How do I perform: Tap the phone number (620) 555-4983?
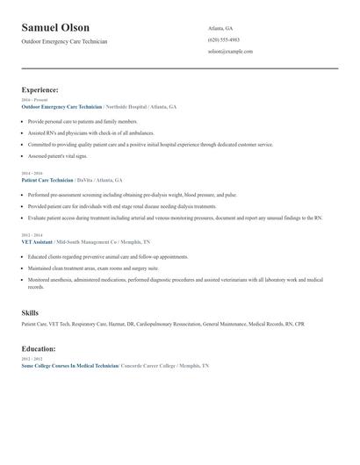(x=224, y=39)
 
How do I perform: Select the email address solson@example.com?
(x=230, y=52)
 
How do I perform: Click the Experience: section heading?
(x=40, y=89)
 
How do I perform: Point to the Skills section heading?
(x=30, y=312)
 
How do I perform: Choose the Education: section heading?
(x=40, y=348)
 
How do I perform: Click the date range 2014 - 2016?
(x=31, y=174)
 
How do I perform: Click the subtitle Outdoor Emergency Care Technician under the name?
(x=65, y=41)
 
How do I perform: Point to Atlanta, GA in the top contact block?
(x=220, y=28)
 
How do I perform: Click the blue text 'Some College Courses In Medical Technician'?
(x=69, y=365)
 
